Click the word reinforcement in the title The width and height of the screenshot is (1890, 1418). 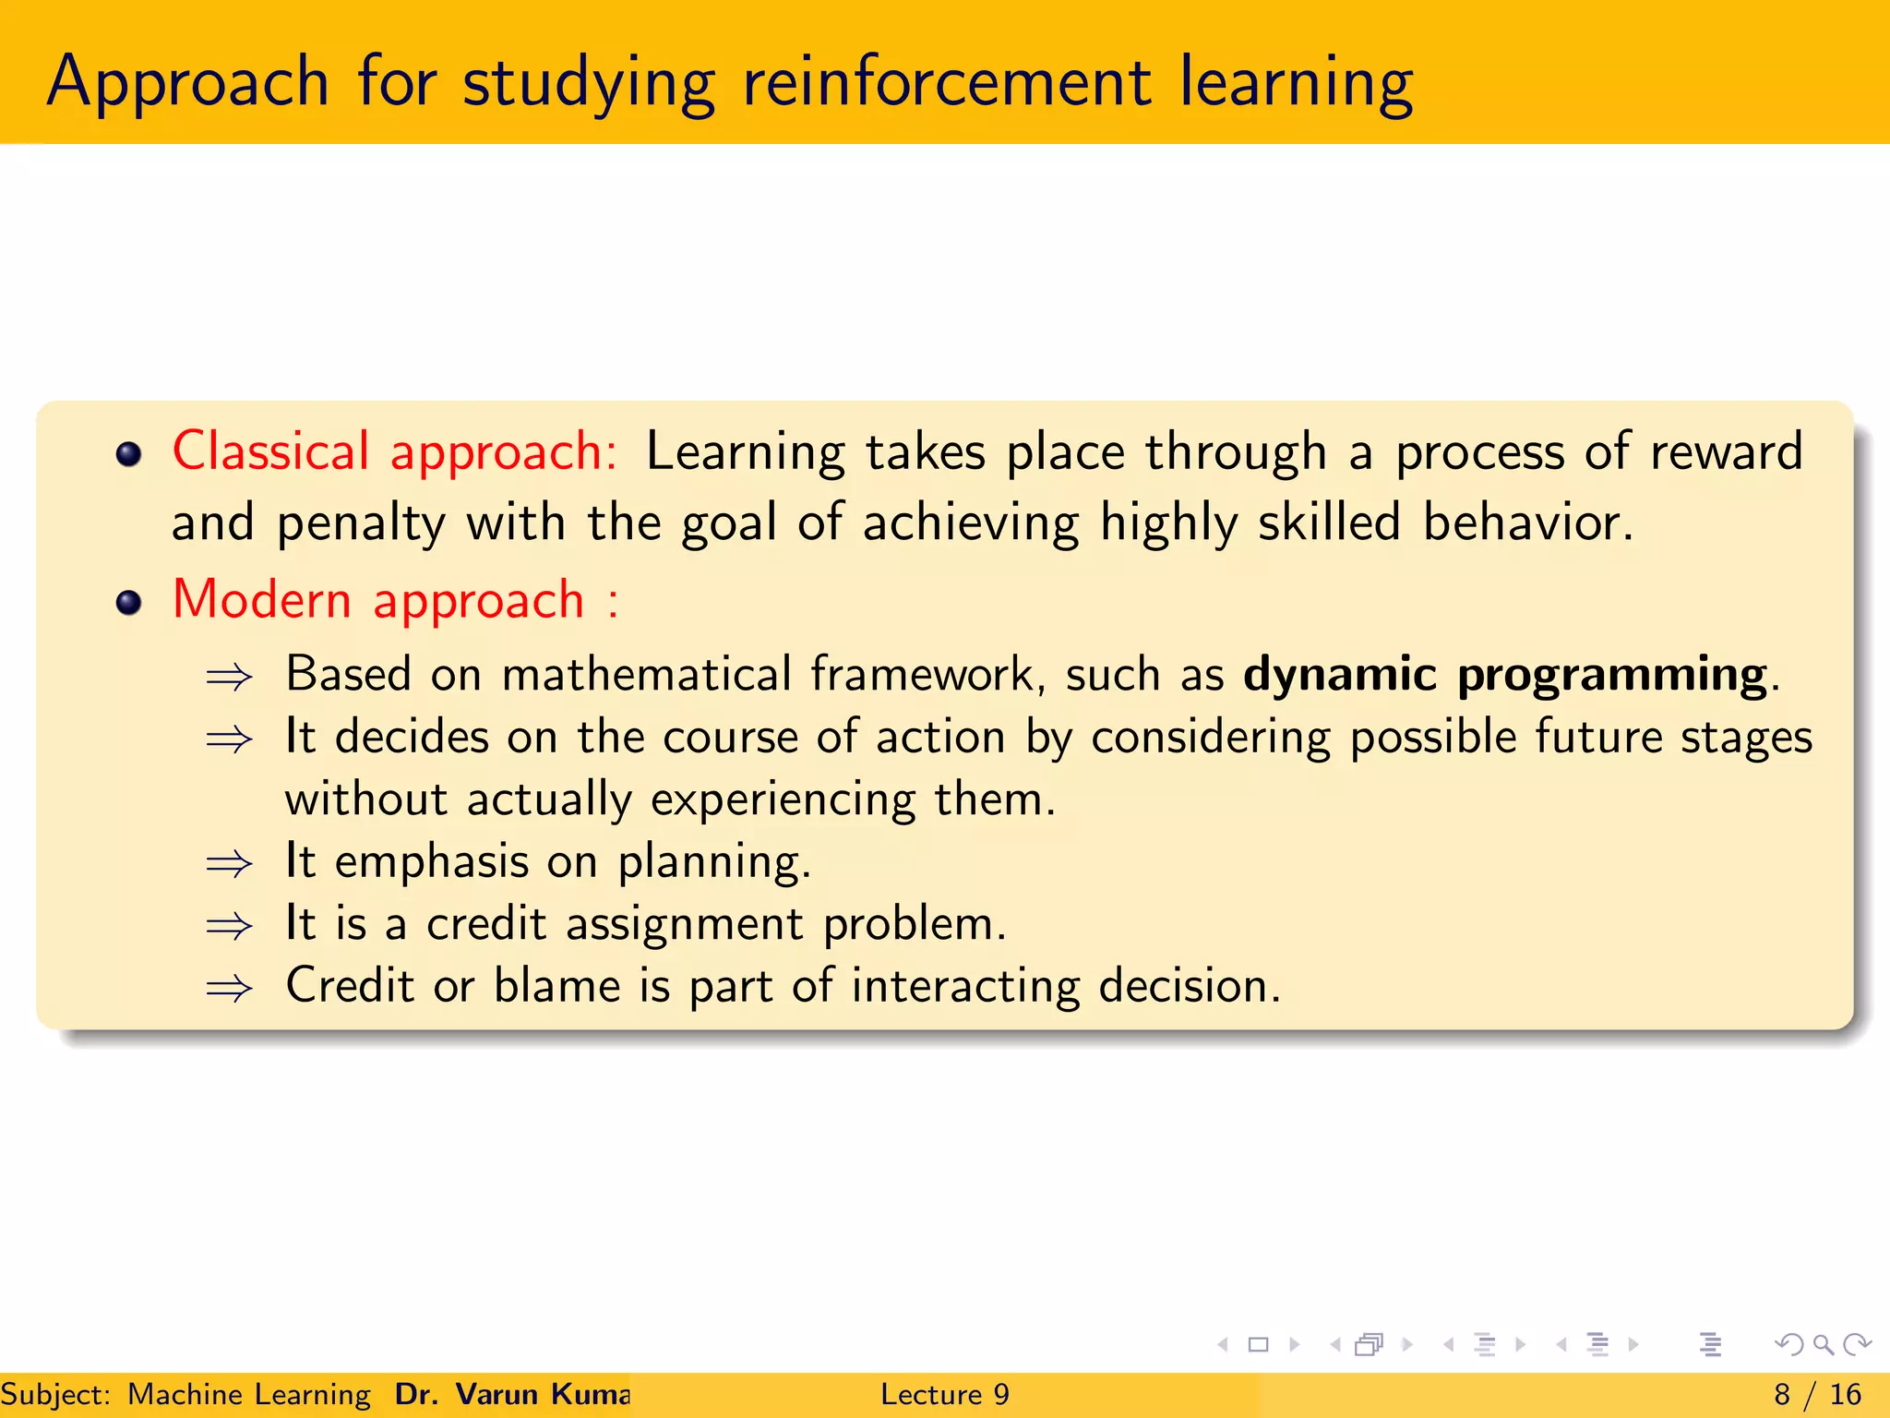click(x=947, y=83)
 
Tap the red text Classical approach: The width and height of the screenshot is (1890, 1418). click(x=395, y=452)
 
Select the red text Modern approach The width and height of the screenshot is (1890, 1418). click(x=378, y=600)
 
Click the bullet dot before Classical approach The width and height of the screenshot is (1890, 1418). click(x=128, y=454)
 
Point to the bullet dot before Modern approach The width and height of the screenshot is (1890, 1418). click(x=128, y=603)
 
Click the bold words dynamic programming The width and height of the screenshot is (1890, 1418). click(x=1504, y=675)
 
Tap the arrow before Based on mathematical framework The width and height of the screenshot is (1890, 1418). click(x=229, y=678)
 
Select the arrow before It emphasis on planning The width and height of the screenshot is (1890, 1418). click(x=229, y=864)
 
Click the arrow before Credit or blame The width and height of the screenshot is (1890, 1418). click(x=229, y=989)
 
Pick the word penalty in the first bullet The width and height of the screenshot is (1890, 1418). click(x=361, y=523)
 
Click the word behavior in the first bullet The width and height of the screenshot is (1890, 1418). click(x=1526, y=523)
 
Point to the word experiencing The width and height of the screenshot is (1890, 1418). click(x=784, y=799)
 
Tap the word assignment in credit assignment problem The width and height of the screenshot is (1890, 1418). click(x=685, y=924)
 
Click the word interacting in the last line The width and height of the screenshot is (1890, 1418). click(x=964, y=986)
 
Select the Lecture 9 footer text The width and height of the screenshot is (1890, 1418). click(x=944, y=1394)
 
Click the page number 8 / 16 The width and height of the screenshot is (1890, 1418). click(x=1817, y=1394)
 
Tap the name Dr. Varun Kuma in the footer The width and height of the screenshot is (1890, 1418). click(x=512, y=1394)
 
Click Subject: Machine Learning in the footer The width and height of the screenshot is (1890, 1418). click(x=185, y=1394)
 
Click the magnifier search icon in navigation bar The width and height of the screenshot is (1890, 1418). click(x=1823, y=1344)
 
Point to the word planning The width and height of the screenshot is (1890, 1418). click(x=712, y=862)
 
